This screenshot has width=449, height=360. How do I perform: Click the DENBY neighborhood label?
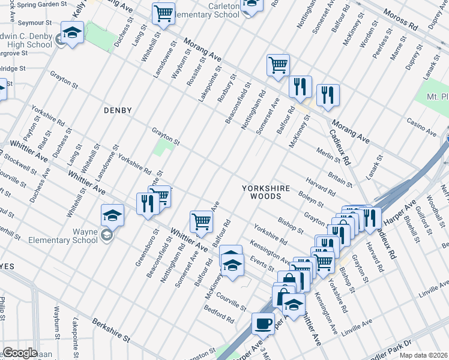coord(117,110)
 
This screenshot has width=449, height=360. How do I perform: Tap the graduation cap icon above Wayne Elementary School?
coord(112,215)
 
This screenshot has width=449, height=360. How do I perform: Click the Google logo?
coord(20,353)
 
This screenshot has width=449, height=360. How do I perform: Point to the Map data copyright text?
coord(423,355)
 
